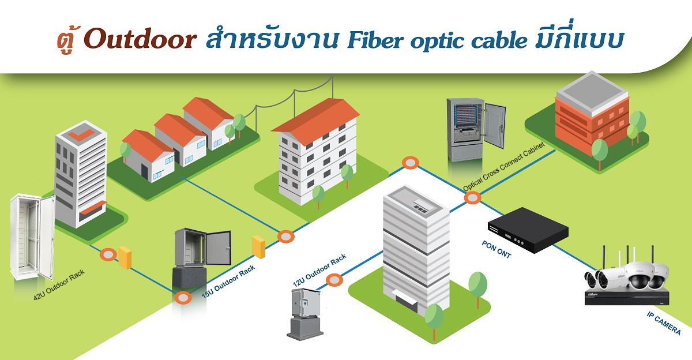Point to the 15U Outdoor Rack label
(x=228, y=281)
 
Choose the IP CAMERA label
(x=664, y=325)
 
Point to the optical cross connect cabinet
(x=471, y=130)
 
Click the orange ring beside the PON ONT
(x=473, y=198)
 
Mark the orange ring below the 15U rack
(x=184, y=298)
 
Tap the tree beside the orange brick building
(x=637, y=124)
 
